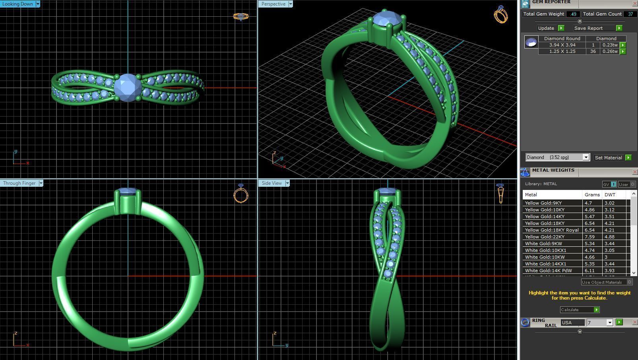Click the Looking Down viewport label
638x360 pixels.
click(18, 4)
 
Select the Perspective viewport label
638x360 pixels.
click(273, 4)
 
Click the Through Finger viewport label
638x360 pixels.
click(19, 183)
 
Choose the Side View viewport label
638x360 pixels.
click(272, 183)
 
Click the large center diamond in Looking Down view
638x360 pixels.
click(128, 87)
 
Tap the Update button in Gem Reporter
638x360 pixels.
click(546, 28)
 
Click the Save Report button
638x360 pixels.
click(589, 28)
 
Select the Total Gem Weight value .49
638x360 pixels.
click(573, 14)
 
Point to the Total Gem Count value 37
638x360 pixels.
click(630, 14)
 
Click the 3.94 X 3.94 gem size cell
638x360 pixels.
click(562, 45)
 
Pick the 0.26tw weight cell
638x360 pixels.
click(610, 51)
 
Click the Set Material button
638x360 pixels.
click(608, 158)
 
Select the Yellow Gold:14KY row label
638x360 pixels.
click(545, 217)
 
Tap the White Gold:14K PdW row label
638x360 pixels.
click(548, 271)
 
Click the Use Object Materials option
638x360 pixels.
click(602, 282)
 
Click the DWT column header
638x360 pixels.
click(610, 195)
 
